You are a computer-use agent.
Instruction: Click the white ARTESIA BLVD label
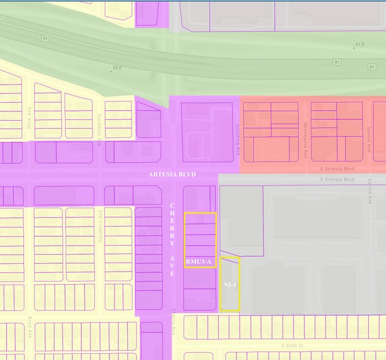click(x=172, y=174)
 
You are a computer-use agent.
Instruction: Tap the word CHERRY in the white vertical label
click(x=172, y=224)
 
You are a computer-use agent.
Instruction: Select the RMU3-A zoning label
click(x=200, y=262)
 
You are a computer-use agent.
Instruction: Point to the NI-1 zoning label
click(x=230, y=285)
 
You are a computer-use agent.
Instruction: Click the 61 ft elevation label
click(x=360, y=45)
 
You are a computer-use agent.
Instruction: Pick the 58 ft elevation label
click(x=118, y=69)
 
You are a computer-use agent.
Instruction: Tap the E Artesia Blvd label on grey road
click(x=336, y=179)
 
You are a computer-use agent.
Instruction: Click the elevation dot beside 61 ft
click(x=354, y=47)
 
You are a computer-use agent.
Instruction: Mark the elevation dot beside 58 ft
click(x=111, y=71)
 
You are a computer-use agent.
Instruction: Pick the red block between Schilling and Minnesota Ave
click(x=271, y=132)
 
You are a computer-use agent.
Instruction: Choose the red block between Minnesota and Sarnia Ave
click(x=337, y=132)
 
